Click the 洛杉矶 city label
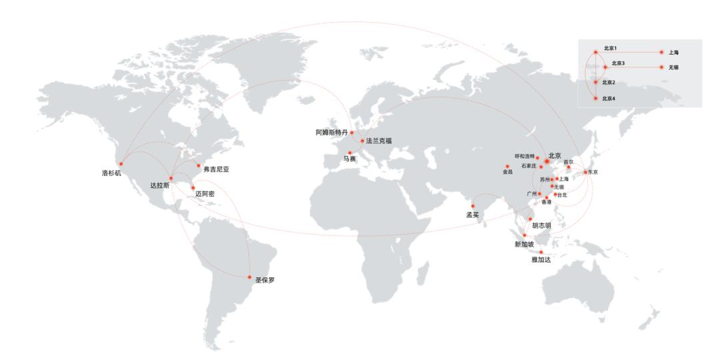(x=112, y=172)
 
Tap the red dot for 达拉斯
(x=171, y=178)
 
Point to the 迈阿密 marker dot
(x=193, y=188)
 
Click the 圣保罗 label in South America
(x=265, y=281)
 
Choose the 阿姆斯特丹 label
(x=331, y=132)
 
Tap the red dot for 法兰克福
(x=362, y=141)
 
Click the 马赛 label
(x=349, y=159)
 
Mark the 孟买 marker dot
(x=473, y=205)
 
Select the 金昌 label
(x=508, y=172)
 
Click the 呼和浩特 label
(x=525, y=156)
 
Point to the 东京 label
(x=591, y=172)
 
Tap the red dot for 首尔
(x=569, y=167)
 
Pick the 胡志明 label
(x=541, y=225)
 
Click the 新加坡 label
(x=525, y=244)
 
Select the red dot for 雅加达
(x=541, y=252)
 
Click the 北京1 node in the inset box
(x=595, y=51)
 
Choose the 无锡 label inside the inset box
(x=675, y=67)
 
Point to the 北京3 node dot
(x=605, y=67)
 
